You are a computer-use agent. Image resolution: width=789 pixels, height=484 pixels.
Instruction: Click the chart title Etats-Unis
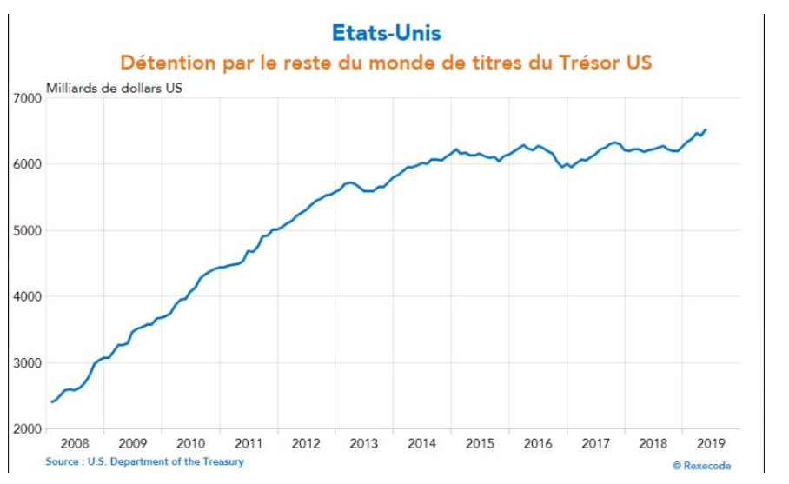[386, 33]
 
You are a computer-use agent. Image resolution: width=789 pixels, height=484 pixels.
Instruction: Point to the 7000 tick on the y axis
[28, 98]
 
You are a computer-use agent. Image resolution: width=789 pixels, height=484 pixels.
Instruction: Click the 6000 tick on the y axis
[28, 164]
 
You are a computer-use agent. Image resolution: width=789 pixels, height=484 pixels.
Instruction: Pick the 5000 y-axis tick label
[28, 230]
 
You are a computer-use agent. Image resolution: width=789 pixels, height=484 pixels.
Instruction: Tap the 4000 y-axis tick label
[28, 296]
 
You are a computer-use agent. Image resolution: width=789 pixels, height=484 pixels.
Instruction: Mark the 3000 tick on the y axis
[28, 362]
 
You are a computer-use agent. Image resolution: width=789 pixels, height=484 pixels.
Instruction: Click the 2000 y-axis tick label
[28, 428]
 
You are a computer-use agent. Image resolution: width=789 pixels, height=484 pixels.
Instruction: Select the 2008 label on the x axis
[75, 444]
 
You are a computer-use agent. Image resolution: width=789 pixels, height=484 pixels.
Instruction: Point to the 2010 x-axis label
[190, 444]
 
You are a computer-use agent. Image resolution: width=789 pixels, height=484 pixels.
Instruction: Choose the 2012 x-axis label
[306, 444]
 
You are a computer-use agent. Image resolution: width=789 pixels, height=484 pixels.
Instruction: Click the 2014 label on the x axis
[421, 444]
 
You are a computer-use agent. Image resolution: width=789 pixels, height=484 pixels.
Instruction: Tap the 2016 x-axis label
[538, 444]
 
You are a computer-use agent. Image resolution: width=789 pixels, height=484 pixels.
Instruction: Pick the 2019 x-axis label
[711, 444]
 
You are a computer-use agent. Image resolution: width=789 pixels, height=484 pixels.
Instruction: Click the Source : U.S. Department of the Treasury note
[144, 462]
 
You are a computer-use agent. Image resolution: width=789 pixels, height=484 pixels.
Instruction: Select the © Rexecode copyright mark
[701, 466]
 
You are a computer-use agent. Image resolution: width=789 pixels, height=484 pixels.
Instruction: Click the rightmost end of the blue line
[706, 130]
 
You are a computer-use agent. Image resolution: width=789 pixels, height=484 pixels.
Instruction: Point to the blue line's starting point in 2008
[51, 401]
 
